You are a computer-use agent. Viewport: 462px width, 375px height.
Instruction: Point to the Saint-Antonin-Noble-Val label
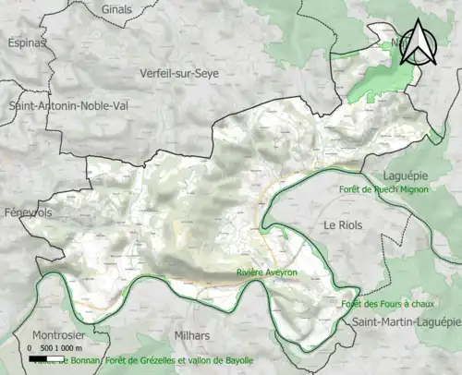[x=68, y=105]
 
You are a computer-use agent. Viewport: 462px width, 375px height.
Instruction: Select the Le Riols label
[x=343, y=225]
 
